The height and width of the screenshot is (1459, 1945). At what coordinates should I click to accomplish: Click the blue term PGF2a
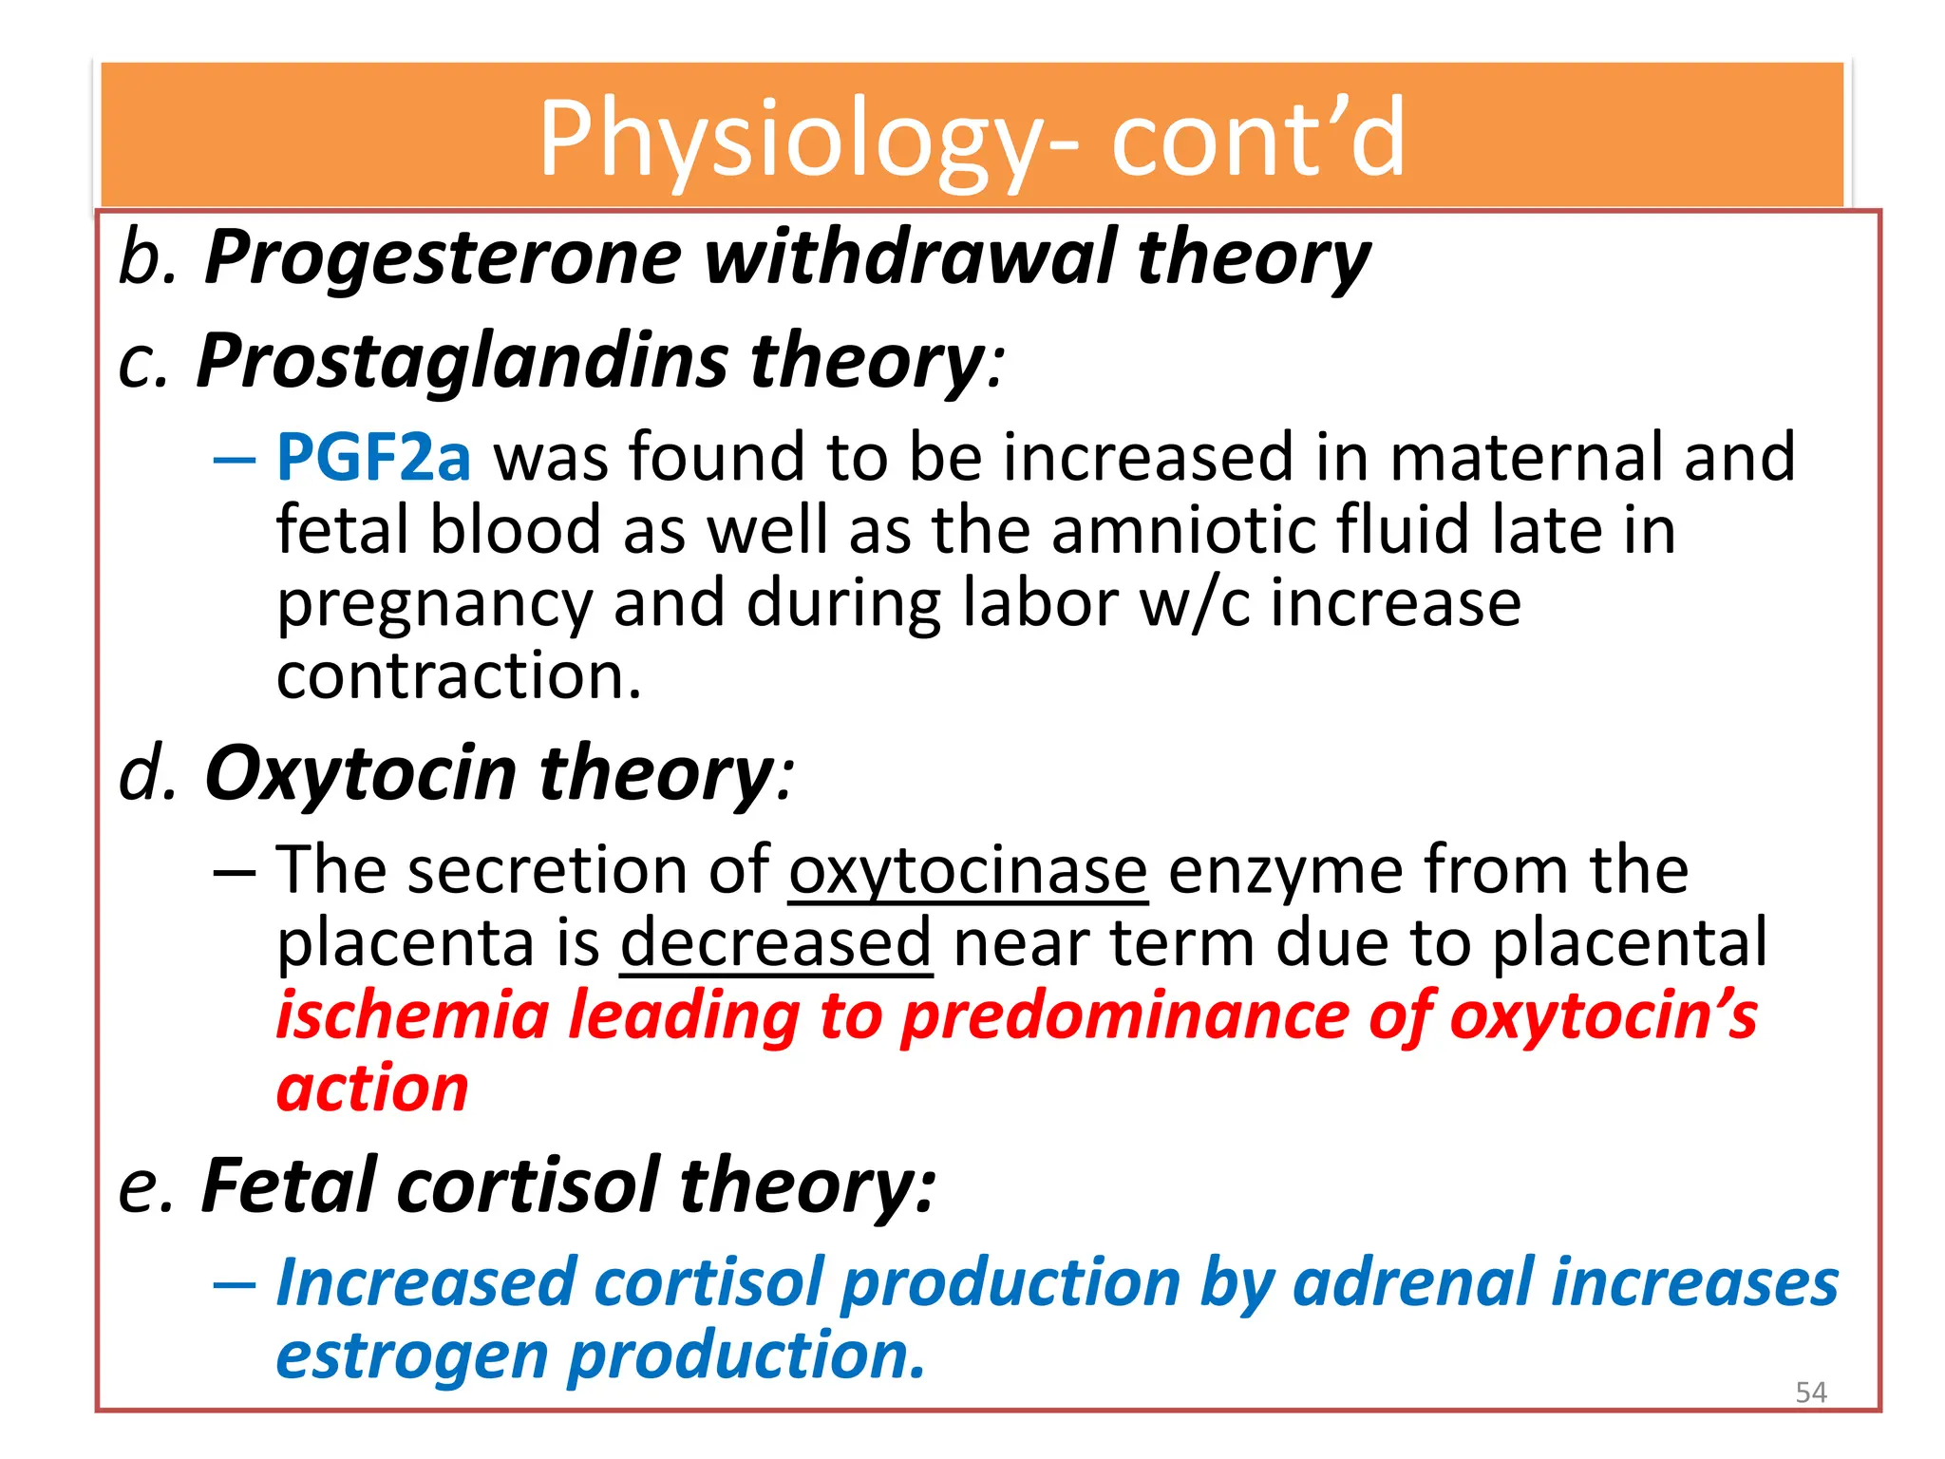(373, 457)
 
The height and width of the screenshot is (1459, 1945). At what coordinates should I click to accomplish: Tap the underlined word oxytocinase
(968, 870)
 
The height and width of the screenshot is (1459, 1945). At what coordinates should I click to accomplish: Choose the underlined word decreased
(776, 942)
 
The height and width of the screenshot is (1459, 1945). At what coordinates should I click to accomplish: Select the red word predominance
(1124, 1016)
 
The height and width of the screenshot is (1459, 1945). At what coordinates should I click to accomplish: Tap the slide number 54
(1811, 1393)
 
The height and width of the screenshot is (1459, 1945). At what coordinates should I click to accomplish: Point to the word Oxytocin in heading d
(361, 773)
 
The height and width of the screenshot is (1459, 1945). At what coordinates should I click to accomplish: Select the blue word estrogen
(411, 1356)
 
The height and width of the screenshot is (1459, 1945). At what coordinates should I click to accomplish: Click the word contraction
(459, 675)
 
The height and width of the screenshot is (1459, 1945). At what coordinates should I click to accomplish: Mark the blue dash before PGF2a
(235, 461)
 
